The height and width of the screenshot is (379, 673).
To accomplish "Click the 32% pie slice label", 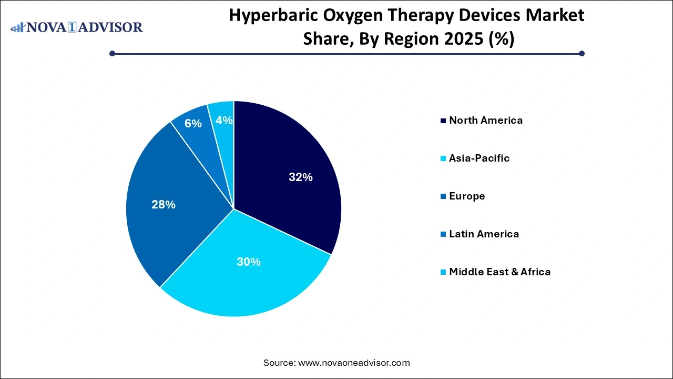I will pos(301,177).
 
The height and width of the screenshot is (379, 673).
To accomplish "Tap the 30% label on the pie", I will pos(249,262).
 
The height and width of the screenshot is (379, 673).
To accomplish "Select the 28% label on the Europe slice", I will pos(164,205).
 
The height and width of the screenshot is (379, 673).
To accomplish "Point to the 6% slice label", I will pos(193,124).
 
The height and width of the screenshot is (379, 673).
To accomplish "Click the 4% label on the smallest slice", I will pos(225,121).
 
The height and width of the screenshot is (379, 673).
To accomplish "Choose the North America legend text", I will pos(486,121).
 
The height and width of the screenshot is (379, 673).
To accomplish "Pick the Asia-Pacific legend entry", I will pos(479,158).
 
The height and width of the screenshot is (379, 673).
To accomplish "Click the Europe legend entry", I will pos(467,196).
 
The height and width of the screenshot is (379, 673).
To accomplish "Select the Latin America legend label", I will pos(484,234).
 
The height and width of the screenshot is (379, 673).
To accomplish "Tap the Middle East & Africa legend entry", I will pos(499,272).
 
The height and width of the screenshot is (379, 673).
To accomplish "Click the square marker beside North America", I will pos(444,121).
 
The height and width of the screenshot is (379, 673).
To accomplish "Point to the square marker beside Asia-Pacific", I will pos(444,158).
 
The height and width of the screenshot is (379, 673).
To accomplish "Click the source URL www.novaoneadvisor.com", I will pos(354,363).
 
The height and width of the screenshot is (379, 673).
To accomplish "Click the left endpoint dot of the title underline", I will pos(113,53).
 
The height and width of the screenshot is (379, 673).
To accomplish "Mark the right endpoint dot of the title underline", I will pos(582,53).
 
